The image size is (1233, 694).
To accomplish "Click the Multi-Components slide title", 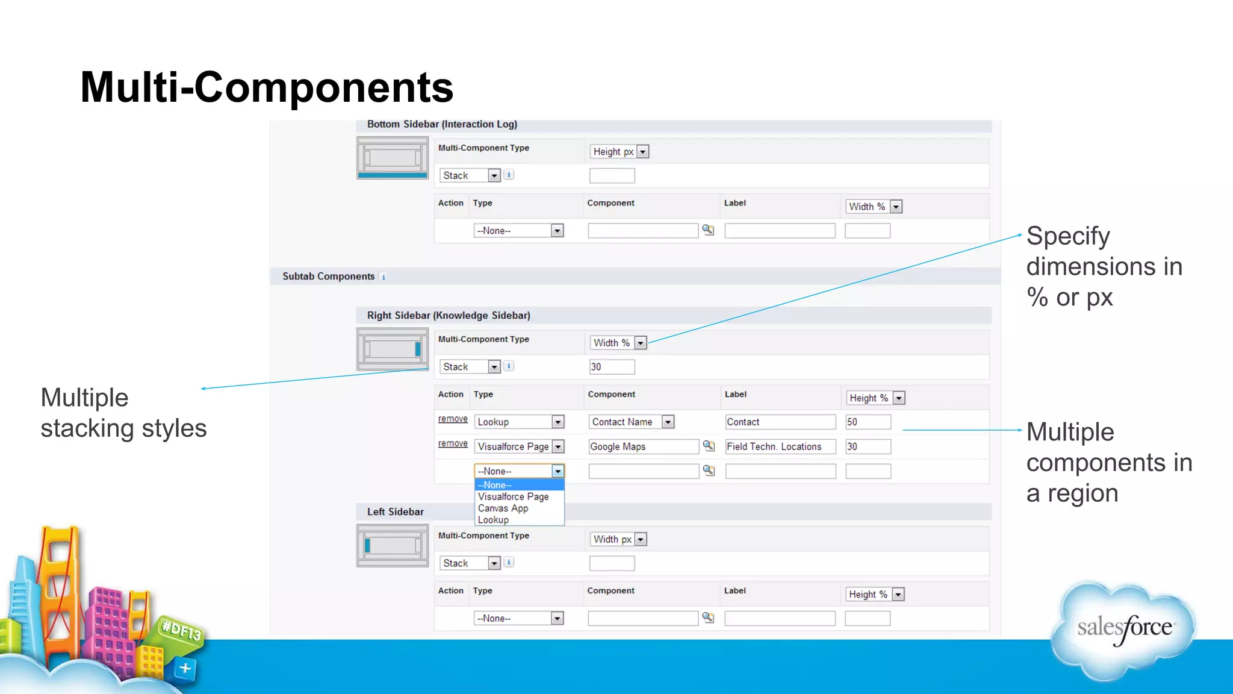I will pyautogui.click(x=267, y=87).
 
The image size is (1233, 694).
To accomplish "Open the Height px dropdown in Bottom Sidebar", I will pyautogui.click(x=619, y=152).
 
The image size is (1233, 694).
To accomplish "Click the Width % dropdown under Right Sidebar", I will pyautogui.click(x=618, y=343).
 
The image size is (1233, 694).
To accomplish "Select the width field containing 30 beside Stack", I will pyautogui.click(x=612, y=367).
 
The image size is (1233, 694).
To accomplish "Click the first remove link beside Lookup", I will pyautogui.click(x=453, y=419).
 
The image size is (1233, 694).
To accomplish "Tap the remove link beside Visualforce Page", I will pyautogui.click(x=453, y=444).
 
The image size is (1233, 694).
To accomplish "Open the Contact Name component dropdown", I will pyautogui.click(x=632, y=422).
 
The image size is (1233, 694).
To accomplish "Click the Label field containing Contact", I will pyautogui.click(x=780, y=422).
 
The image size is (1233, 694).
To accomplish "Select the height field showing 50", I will pyautogui.click(x=868, y=422).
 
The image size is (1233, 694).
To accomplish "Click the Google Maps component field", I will pyautogui.click(x=643, y=447).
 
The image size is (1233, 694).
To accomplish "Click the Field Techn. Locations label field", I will pyautogui.click(x=780, y=447).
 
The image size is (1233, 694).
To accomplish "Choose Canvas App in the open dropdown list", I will pyautogui.click(x=503, y=508).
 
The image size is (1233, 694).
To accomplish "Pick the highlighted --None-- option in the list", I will pyautogui.click(x=519, y=485).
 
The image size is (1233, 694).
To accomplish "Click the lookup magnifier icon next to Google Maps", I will pyautogui.click(x=709, y=446).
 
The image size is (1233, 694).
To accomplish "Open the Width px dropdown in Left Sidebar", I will pyautogui.click(x=618, y=539).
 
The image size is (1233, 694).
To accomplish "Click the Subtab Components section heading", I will pyautogui.click(x=329, y=277).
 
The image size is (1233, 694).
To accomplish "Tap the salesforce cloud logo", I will pyautogui.click(x=1123, y=629).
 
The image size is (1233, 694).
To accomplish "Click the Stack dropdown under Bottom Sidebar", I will pyautogui.click(x=470, y=176).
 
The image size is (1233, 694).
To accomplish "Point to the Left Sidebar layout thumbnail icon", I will pyautogui.click(x=393, y=546).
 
